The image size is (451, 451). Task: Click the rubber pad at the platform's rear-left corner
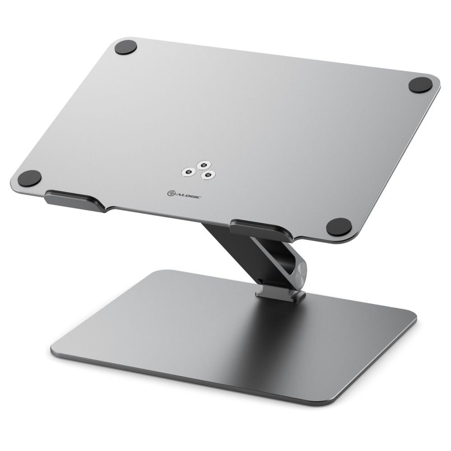click(125, 47)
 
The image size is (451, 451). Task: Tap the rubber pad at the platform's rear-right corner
click(420, 84)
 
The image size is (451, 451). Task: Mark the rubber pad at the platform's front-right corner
click(338, 227)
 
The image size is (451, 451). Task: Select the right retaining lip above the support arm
click(257, 228)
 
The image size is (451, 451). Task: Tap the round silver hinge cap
click(299, 275)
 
